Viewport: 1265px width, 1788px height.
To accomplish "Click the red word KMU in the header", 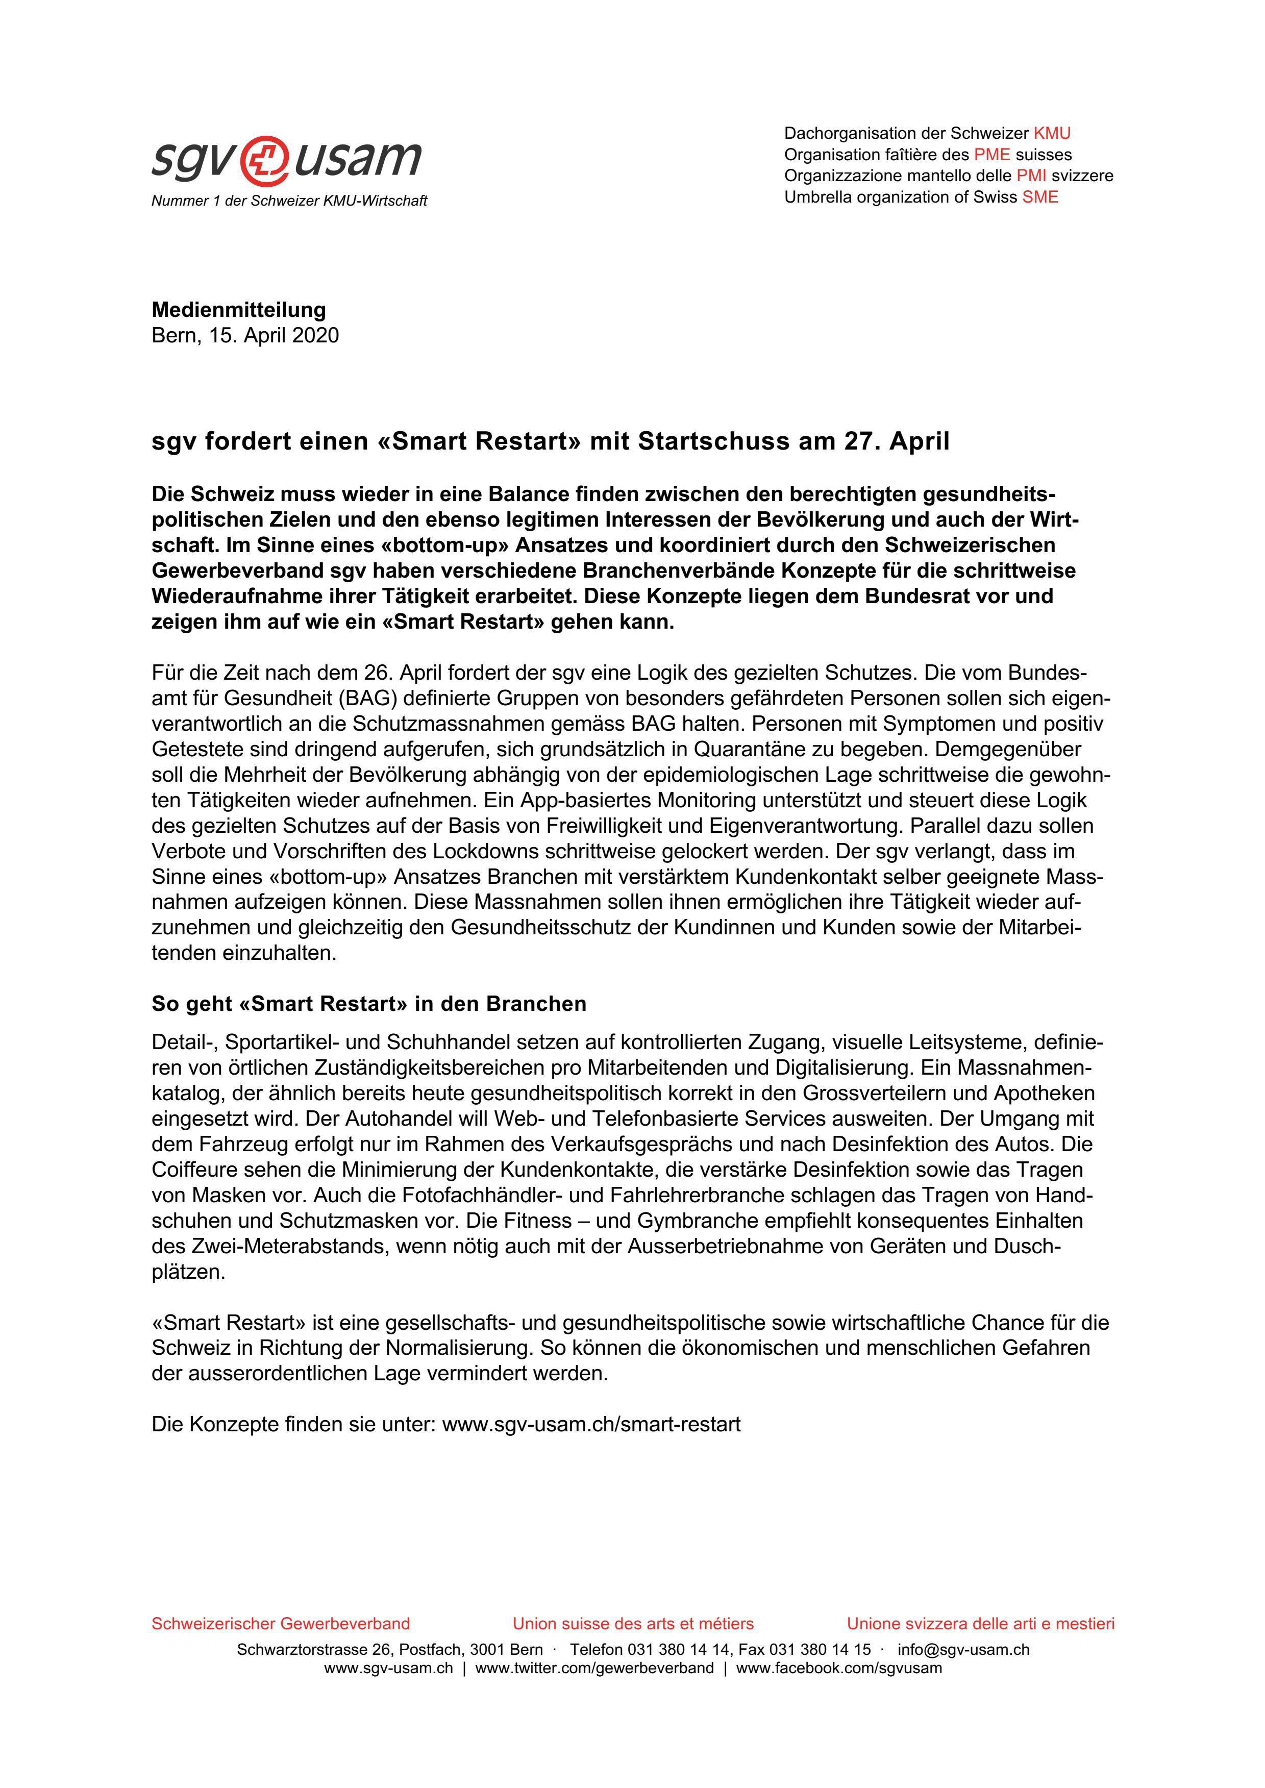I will point(1052,133).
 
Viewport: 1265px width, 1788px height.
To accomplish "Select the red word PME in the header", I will point(991,154).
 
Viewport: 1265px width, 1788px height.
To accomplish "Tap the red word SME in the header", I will point(1040,197).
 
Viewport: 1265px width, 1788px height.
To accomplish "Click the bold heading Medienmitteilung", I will point(238,310).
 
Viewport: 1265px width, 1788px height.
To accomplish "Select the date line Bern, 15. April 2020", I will point(245,336).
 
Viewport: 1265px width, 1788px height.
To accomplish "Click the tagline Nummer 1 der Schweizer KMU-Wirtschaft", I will point(289,201).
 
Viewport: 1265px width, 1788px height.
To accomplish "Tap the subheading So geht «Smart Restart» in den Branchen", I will point(368,1004).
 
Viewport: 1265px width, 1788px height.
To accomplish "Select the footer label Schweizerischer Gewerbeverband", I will point(281,1624).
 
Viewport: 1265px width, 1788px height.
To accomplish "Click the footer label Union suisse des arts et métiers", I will point(633,1624).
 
